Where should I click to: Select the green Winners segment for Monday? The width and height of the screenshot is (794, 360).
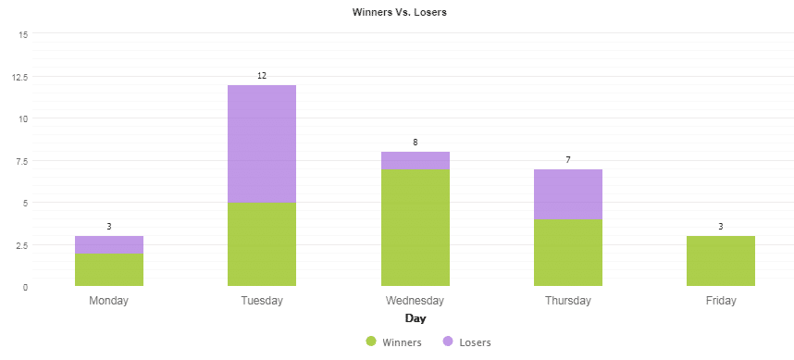109,269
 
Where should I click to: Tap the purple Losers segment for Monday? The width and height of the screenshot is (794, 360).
109,244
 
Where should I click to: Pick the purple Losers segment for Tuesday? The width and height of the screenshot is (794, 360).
262,143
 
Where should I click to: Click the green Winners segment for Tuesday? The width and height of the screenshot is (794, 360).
262,244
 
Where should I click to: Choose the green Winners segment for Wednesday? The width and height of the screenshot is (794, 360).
415,228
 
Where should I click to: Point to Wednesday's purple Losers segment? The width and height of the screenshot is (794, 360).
415,161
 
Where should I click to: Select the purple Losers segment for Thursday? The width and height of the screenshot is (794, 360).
568,194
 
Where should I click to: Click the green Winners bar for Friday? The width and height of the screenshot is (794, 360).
721,261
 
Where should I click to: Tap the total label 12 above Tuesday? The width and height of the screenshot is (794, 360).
262,76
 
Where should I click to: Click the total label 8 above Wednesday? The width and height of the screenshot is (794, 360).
415,143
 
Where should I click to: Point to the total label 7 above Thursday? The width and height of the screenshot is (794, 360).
568,160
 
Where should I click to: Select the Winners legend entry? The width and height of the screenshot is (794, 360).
394,342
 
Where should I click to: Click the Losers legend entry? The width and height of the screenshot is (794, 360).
466,342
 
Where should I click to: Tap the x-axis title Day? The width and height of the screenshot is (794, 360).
416,319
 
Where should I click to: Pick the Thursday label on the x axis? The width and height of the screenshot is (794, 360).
568,301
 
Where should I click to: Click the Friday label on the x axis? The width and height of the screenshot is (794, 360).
721,301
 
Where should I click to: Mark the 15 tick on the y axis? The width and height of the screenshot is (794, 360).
23,34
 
